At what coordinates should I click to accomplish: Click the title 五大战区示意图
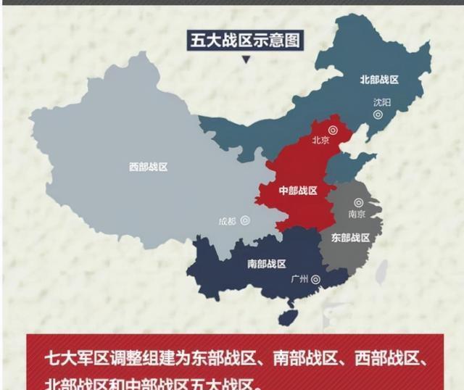[x=245, y=40]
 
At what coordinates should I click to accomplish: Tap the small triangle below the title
[x=246, y=60]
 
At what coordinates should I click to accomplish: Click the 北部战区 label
[x=380, y=80]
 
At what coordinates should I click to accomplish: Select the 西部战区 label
[x=149, y=167]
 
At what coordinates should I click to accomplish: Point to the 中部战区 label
[x=298, y=191]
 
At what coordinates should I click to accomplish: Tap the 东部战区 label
[x=351, y=238]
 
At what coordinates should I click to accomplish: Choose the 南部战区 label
[x=266, y=264]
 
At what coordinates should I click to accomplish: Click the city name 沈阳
[x=381, y=103]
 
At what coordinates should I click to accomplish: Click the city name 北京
[x=320, y=141]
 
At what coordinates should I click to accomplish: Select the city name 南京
[x=356, y=215]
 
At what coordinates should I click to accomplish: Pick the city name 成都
[x=228, y=221]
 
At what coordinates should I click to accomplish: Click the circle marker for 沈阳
[x=378, y=115]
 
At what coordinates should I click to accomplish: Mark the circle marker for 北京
[x=333, y=130]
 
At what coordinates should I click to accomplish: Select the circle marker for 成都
[x=246, y=220]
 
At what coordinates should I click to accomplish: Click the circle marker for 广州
[x=315, y=279]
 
